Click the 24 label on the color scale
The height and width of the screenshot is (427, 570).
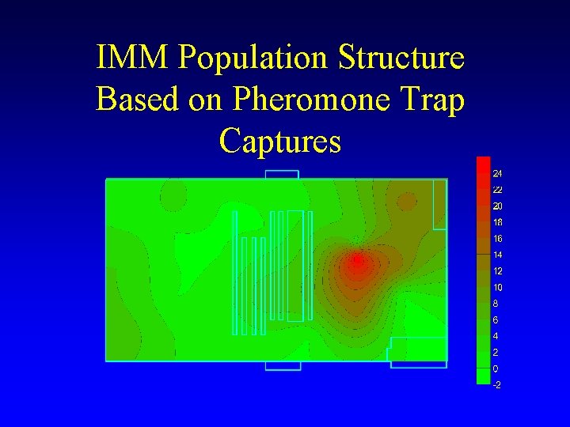(x=497, y=173)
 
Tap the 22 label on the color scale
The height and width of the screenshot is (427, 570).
(x=497, y=190)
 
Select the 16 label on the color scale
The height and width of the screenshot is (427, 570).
(x=497, y=239)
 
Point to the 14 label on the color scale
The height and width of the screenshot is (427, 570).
(x=497, y=255)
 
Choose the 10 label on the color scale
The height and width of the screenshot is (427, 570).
(x=497, y=287)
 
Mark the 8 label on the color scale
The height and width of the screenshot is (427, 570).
(x=495, y=303)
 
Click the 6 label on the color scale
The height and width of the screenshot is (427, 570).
(x=495, y=320)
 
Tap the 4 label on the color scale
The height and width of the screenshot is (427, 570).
(x=495, y=336)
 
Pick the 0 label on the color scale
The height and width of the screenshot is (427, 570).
(x=495, y=369)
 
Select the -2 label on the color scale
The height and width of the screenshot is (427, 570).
(x=496, y=385)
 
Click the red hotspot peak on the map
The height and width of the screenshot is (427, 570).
(x=357, y=259)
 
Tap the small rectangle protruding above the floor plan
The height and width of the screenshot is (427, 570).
(x=282, y=174)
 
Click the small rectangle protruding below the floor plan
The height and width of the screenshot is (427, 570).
(x=283, y=365)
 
